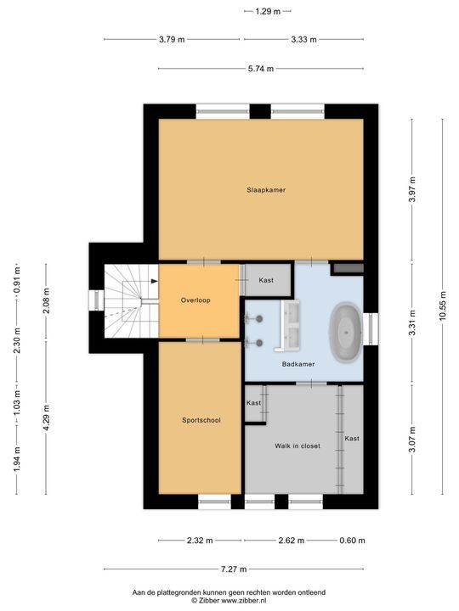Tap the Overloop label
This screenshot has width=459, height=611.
click(195, 300)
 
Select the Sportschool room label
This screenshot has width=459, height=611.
click(201, 420)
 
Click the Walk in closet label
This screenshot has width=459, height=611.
click(297, 446)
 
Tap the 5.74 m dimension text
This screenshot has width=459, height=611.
click(259, 69)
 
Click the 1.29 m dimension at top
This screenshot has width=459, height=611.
click(268, 11)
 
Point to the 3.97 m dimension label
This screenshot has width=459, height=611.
click(412, 190)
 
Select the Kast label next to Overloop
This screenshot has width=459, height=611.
click(266, 280)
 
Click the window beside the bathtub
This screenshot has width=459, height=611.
click(370, 325)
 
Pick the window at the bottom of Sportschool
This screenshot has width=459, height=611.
click(214, 502)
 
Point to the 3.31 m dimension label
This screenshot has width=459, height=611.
click(412, 322)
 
